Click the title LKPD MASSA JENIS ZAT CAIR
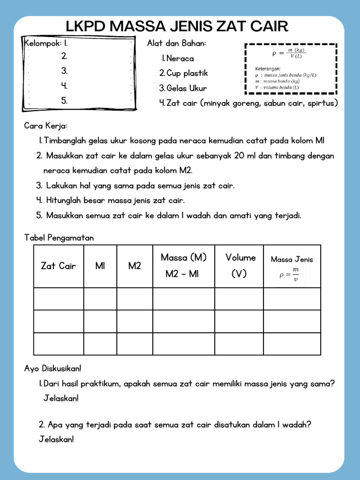click(177, 26)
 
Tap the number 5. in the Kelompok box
click(64, 100)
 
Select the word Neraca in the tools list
click(180, 59)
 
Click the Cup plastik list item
click(183, 73)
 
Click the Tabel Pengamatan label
click(59, 238)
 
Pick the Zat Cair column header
click(59, 266)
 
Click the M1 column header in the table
click(100, 266)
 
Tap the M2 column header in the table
click(135, 266)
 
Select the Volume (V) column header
click(240, 266)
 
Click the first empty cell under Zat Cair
click(59, 299)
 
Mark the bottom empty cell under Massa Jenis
click(292, 344)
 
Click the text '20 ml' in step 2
click(244, 156)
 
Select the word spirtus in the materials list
click(321, 103)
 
